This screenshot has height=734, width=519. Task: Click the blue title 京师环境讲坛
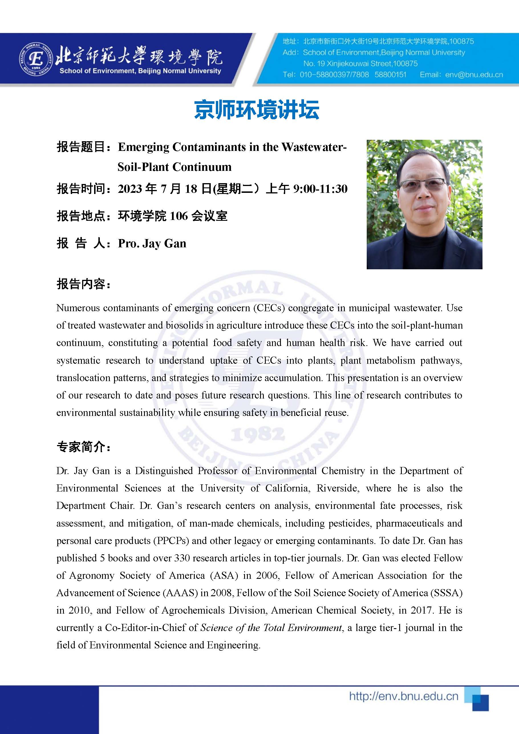tap(257, 110)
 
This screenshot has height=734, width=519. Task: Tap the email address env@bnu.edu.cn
tap(474, 75)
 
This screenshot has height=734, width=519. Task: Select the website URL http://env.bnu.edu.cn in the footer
tap(404, 696)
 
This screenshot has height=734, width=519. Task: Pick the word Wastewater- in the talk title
tap(314, 147)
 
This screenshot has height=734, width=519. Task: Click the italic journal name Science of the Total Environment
tap(271, 628)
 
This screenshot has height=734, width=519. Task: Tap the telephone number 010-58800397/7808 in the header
tap(334, 75)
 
